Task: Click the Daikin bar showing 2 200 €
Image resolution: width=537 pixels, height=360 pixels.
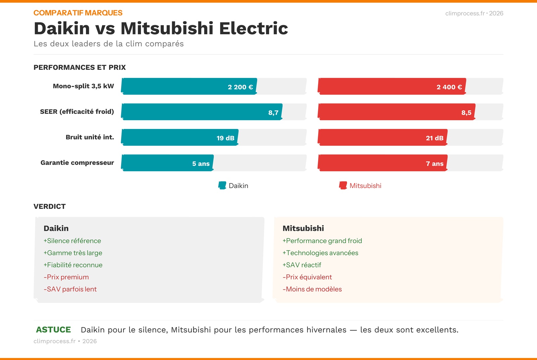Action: click(x=189, y=86)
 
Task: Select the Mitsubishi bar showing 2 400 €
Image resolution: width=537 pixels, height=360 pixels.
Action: click(x=392, y=86)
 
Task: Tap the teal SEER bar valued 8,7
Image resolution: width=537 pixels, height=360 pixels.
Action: click(x=202, y=112)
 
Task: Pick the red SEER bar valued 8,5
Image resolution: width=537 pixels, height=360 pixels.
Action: click(x=396, y=112)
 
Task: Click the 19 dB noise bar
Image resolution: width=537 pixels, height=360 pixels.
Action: click(x=180, y=137)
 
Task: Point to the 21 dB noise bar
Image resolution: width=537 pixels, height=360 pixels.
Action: click(x=383, y=137)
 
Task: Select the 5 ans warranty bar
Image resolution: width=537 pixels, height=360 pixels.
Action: click(x=167, y=163)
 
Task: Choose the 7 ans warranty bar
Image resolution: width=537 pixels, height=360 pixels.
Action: click(x=383, y=163)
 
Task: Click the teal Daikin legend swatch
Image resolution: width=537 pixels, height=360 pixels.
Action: click(x=222, y=185)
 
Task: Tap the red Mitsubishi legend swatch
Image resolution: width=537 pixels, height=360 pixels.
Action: click(x=343, y=185)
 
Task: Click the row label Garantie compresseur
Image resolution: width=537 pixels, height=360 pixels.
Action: click(x=77, y=163)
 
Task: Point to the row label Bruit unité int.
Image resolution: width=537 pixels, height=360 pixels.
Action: click(x=90, y=137)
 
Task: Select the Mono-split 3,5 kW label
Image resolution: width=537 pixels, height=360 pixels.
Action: click(x=83, y=86)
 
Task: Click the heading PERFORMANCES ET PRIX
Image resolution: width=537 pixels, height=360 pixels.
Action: click(x=80, y=67)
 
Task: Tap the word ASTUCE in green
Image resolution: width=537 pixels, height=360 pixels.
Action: click(x=53, y=330)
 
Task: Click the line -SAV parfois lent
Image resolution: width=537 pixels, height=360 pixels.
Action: click(x=70, y=289)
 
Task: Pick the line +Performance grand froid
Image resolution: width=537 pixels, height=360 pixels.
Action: click(x=322, y=241)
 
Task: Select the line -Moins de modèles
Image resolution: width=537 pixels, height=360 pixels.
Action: click(x=312, y=289)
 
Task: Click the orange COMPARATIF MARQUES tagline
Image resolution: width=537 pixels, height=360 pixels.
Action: click(x=78, y=13)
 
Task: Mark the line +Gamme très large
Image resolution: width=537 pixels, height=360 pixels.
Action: click(x=73, y=253)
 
